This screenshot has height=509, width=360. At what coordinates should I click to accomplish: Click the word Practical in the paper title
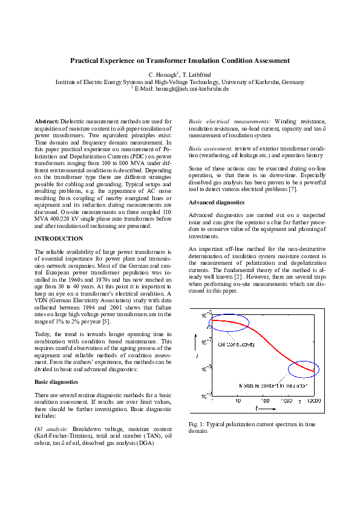pos(85,60)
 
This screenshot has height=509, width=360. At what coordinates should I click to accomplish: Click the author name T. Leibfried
pos(194,74)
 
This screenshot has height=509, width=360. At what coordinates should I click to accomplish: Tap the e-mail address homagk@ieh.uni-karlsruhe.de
pos(192,88)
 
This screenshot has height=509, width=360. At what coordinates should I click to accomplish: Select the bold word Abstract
pos(47,122)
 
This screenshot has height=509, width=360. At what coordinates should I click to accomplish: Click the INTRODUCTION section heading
pos(59,239)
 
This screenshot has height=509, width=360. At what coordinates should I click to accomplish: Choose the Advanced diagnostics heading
pos(217,203)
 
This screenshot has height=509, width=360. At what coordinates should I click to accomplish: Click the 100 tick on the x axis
pos(264,401)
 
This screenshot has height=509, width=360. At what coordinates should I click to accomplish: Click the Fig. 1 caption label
pos(197,424)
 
